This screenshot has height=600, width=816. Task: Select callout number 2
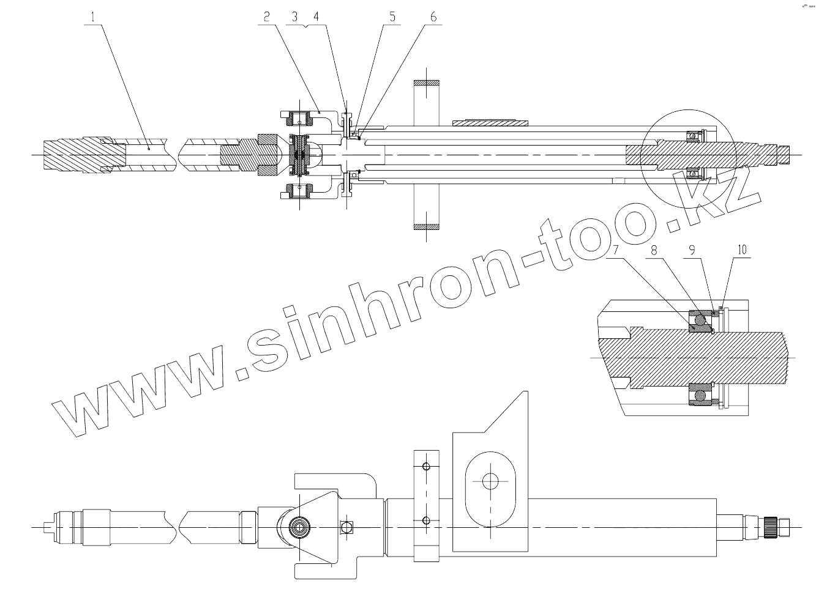(x=267, y=17)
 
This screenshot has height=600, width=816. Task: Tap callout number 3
(x=294, y=17)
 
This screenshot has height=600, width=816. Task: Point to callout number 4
(x=316, y=17)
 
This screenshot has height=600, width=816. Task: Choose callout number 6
(x=433, y=17)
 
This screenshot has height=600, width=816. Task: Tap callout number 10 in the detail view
(x=742, y=250)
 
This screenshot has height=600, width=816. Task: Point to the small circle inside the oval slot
(x=489, y=481)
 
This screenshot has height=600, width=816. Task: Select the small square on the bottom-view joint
(x=347, y=527)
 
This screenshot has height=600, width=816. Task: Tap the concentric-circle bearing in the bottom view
(x=301, y=527)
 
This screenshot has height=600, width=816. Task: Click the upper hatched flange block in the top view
(x=427, y=83)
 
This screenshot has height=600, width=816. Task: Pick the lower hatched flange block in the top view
(x=427, y=227)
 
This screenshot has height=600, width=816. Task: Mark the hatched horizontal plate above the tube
(x=490, y=123)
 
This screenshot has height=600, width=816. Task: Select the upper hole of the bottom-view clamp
(x=427, y=467)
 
